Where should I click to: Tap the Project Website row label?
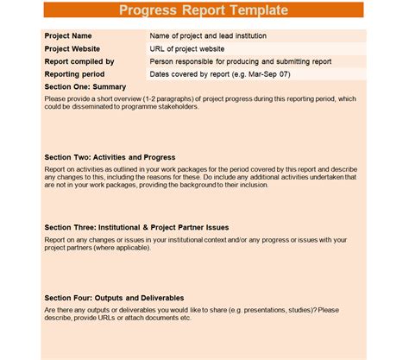pyautogui.click(x=72, y=49)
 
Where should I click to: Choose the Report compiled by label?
pyautogui.click(x=79, y=62)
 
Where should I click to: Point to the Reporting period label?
pyautogui.click(x=75, y=74)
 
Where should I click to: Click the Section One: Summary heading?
pyautogui.click(x=85, y=87)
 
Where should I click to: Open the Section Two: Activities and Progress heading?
pyautogui.click(x=110, y=158)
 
